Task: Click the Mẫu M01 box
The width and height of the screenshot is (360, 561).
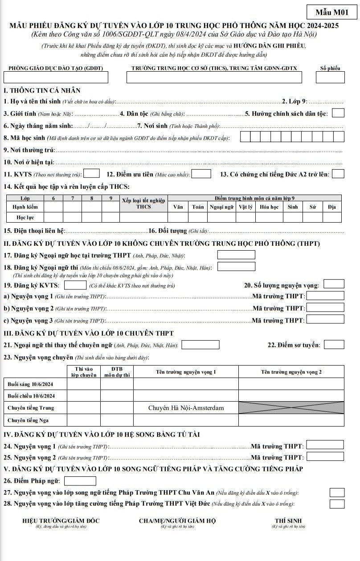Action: [332, 12]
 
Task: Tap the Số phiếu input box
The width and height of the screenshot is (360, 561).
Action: [330, 77]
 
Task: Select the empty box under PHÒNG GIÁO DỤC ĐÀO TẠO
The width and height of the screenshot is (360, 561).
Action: [56, 77]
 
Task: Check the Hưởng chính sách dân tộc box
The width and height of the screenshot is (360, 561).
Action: [338, 113]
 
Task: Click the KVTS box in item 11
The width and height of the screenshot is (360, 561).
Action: [92, 174]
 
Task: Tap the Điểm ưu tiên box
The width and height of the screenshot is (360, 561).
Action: [201, 174]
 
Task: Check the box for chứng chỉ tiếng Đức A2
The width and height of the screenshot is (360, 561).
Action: [338, 174]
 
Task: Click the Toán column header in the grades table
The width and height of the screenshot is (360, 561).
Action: [198, 207]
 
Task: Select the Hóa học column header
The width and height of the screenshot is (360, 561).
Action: [269, 207]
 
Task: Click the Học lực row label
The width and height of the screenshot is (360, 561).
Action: [25, 218]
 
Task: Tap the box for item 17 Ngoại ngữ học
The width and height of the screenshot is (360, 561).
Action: [236, 255]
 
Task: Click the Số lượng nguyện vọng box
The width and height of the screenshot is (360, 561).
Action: [334, 284]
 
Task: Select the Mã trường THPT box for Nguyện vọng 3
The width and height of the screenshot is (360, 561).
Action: [325, 319]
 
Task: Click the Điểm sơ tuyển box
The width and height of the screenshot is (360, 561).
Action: [334, 344]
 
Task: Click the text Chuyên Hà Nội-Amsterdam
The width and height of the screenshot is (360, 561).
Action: [186, 408]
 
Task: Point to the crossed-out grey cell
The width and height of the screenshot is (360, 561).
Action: [291, 408]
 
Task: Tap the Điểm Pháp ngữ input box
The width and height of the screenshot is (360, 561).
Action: [80, 481]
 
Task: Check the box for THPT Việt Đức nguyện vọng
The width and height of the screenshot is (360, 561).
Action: [337, 504]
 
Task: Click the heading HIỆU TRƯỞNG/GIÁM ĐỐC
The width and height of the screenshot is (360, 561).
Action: [61, 521]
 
